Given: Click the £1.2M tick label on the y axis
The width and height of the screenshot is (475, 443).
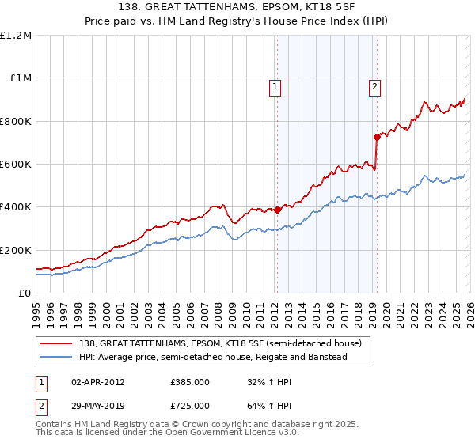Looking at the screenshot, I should [x=16, y=35].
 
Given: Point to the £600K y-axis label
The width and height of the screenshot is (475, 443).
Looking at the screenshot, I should [x=16, y=164].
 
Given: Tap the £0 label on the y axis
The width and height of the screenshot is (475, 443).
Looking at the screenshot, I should [x=25, y=293].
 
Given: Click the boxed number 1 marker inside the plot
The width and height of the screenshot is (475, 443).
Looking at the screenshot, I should [x=275, y=88].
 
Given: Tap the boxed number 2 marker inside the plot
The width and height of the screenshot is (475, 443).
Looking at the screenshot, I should [x=374, y=88].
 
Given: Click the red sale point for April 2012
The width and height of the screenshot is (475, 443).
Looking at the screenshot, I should [x=278, y=210].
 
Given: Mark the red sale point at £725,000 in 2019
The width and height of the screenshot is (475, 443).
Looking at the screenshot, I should [x=378, y=138].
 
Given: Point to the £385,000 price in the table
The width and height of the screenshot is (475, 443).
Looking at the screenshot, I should [x=190, y=381].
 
